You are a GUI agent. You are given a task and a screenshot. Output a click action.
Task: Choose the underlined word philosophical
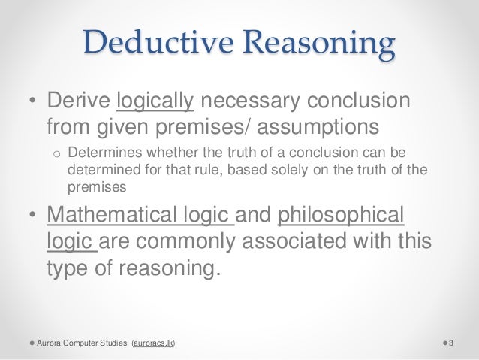click(x=342, y=216)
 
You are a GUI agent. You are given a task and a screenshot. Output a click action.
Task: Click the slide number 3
click(x=452, y=343)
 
